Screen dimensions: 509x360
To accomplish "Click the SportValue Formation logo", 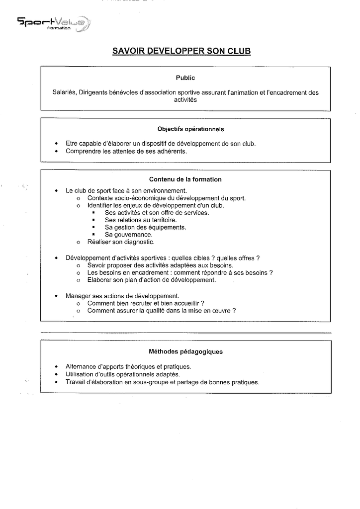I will [54, 24].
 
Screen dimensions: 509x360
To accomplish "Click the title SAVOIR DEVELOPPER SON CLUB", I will [181, 51].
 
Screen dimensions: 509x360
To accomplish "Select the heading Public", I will [185, 78].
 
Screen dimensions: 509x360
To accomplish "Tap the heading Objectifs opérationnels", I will [190, 129].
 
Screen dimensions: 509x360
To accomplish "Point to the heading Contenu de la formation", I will [185, 179].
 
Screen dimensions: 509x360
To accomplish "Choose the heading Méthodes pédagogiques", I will [185, 351].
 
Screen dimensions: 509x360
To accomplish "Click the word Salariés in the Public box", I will [64, 92].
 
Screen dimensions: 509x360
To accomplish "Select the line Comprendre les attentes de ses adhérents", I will [126, 151].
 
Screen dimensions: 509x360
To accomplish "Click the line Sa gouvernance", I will [128, 235].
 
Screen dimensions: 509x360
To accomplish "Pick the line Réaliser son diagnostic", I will [121, 242].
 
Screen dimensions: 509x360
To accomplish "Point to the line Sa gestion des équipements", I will [145, 227].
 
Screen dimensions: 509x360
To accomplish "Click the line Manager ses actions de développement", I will [122, 296].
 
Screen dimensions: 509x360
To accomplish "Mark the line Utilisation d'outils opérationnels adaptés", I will [123, 374].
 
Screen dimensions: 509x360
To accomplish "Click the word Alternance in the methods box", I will [81, 367].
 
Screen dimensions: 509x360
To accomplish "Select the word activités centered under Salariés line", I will [185, 99].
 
